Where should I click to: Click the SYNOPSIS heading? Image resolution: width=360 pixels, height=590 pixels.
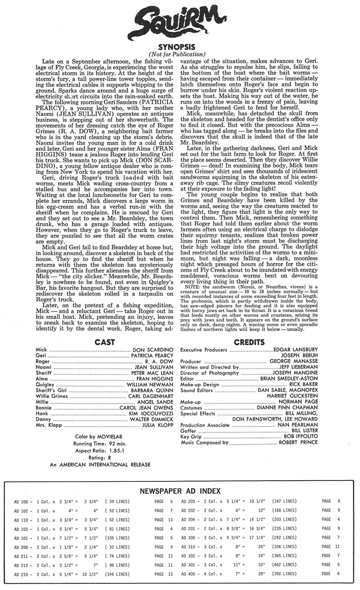click(x=180, y=47)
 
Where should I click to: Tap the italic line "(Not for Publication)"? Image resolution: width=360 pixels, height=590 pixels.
click(x=180, y=54)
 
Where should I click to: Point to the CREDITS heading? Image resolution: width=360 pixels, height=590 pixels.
click(x=251, y=342)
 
